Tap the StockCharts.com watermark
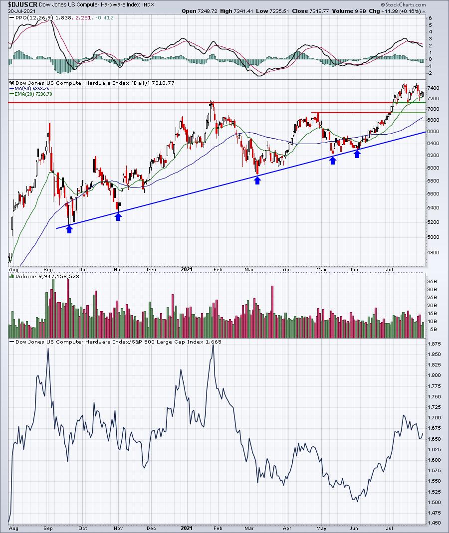pyautogui.click(x=404, y=5)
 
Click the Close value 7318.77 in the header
pyautogui.click(x=319, y=11)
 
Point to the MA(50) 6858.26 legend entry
pyautogui.click(x=30, y=89)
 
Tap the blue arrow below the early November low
pyautogui.click(x=118, y=216)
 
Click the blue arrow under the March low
pyautogui.click(x=257, y=180)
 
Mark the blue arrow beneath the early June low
pyautogui.click(x=357, y=154)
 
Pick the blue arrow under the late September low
pyautogui.click(x=69, y=229)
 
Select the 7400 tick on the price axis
pyautogui.click(x=434, y=88)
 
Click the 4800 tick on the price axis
pyautogui.click(x=434, y=253)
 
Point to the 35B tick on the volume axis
pyautogui.click(x=433, y=281)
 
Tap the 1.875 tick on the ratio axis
pyautogui.click(x=435, y=344)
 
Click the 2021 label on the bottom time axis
pyautogui.click(x=187, y=528)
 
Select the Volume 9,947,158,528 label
pyautogui.click(x=47, y=277)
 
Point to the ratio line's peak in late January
pyautogui.click(x=214, y=346)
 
